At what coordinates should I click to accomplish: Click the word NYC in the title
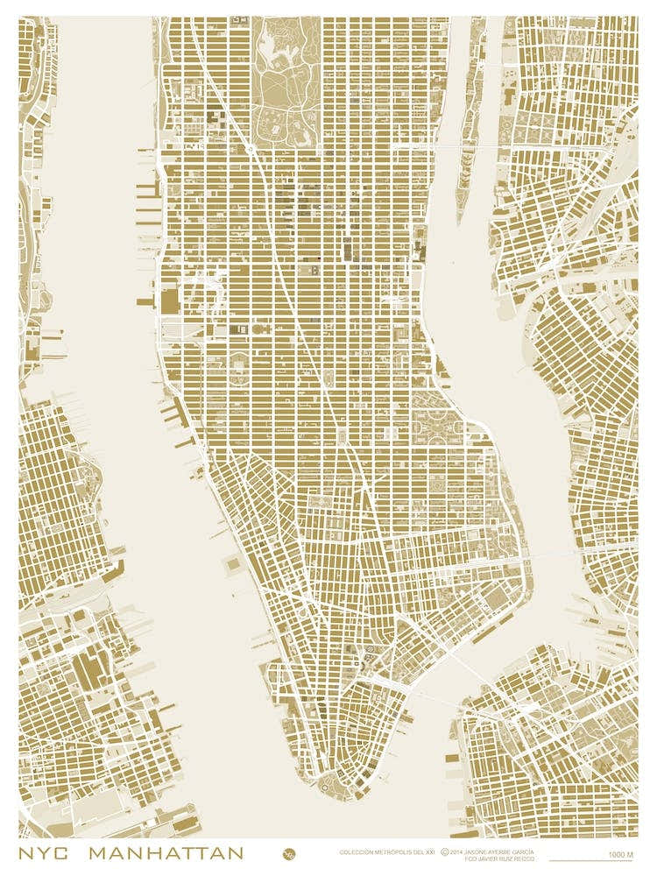coord(46,852)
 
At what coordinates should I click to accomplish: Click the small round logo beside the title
coord(288,853)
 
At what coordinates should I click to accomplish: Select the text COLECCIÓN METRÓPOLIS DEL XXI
coord(386,851)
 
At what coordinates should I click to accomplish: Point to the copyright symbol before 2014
coord(445,851)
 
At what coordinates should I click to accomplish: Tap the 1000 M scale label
coord(620,854)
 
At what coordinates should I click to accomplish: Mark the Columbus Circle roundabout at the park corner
coord(251,149)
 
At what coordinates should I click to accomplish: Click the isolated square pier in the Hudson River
coord(233,565)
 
